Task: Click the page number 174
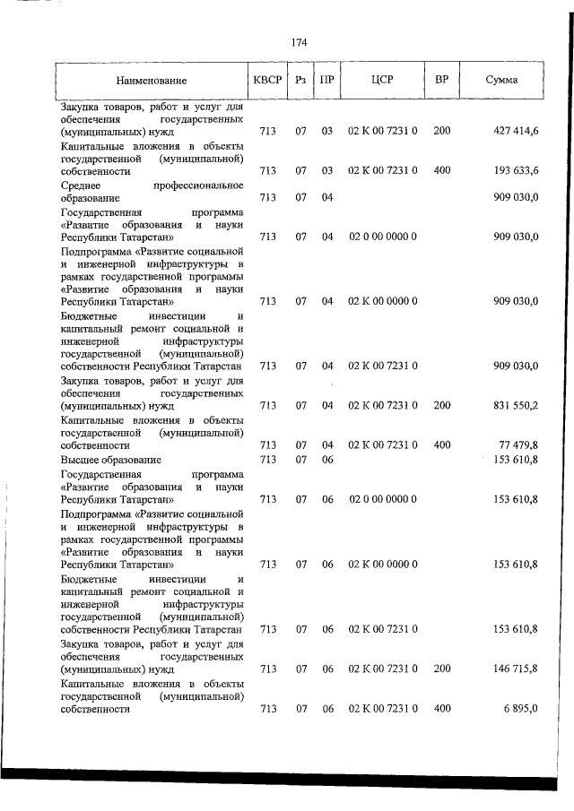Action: pyautogui.click(x=300, y=42)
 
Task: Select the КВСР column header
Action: pyautogui.click(x=268, y=80)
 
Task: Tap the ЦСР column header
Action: pyautogui.click(x=382, y=80)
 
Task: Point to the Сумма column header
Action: pyautogui.click(x=501, y=80)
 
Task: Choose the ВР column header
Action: pyautogui.click(x=441, y=80)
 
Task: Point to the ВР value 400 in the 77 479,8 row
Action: pyautogui.click(x=441, y=444)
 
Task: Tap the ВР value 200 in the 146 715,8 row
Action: pyautogui.click(x=441, y=669)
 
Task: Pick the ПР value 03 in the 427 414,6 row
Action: pyautogui.click(x=327, y=131)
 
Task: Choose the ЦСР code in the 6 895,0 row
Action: pyautogui.click(x=382, y=708)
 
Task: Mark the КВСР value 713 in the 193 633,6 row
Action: pyautogui.click(x=267, y=170)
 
